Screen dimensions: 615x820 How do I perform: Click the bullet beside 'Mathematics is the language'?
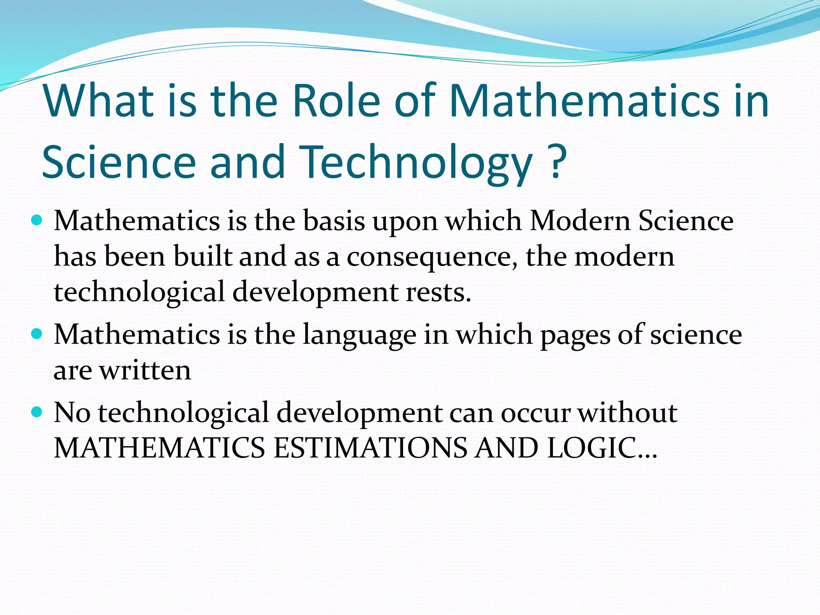(x=36, y=334)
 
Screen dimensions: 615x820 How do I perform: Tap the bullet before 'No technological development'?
(x=36, y=412)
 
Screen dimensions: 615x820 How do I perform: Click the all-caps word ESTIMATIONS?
(x=370, y=448)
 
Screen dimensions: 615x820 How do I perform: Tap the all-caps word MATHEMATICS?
(x=159, y=448)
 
